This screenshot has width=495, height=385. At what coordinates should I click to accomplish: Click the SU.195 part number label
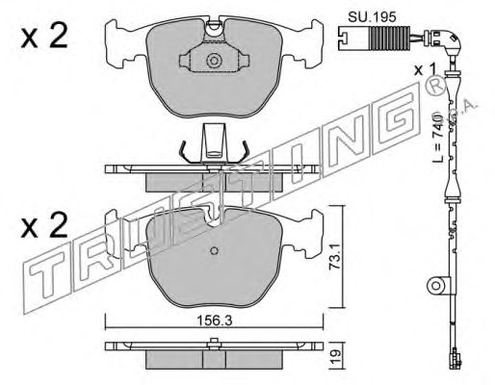tap(372, 17)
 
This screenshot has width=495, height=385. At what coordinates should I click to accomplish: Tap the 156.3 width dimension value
tap(214, 321)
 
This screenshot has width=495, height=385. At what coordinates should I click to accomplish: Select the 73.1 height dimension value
tap(335, 257)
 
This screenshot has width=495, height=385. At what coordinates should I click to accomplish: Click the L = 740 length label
tap(437, 138)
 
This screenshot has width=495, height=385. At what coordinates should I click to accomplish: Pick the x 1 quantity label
tap(425, 69)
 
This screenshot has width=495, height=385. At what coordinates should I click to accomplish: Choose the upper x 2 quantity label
tap(44, 36)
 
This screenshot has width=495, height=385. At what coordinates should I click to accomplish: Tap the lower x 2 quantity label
tap(44, 225)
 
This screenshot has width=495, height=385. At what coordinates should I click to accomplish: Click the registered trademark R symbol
tap(435, 87)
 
